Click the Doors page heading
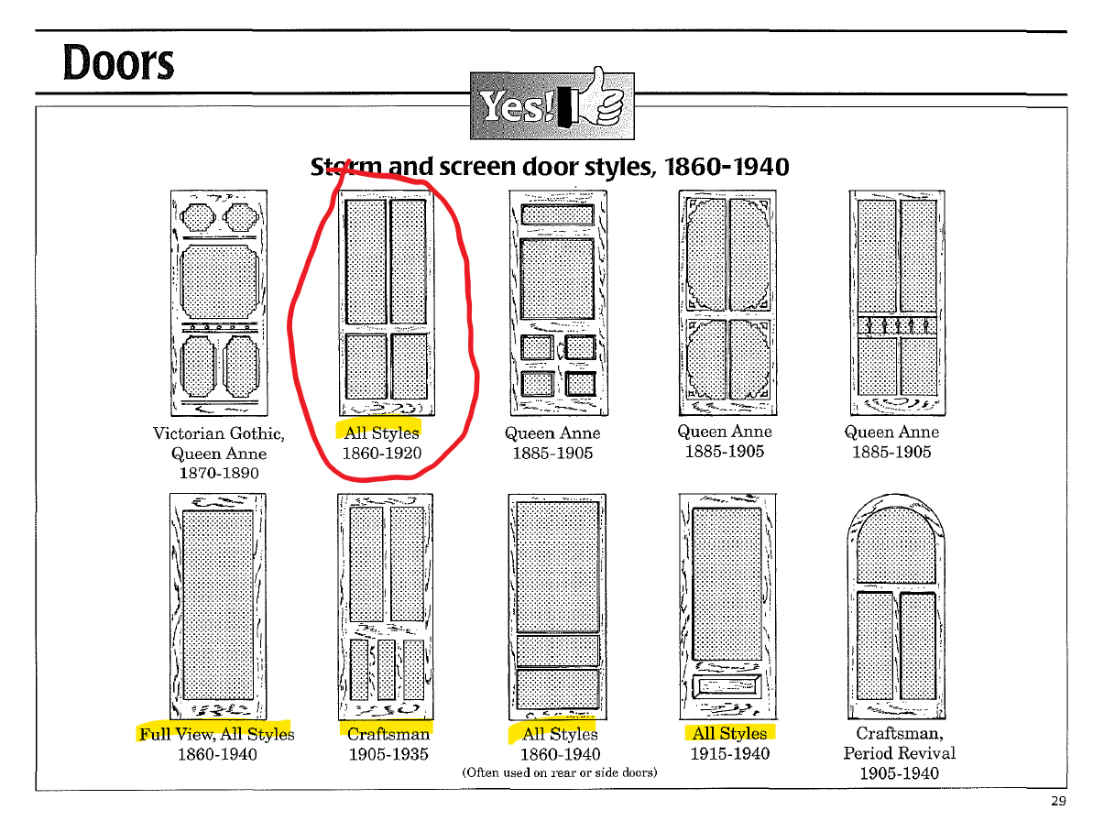(118, 62)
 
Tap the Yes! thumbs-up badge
(551, 105)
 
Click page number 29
(1058, 801)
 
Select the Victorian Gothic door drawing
(218, 303)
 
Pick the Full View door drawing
(217, 606)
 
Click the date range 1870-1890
(218, 473)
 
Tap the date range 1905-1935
(388, 754)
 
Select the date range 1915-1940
(729, 754)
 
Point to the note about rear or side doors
(559, 772)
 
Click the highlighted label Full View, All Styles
(217, 733)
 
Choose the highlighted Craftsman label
(388, 733)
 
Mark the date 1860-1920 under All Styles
(382, 453)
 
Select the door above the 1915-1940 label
(727, 606)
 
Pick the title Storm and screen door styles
(550, 167)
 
